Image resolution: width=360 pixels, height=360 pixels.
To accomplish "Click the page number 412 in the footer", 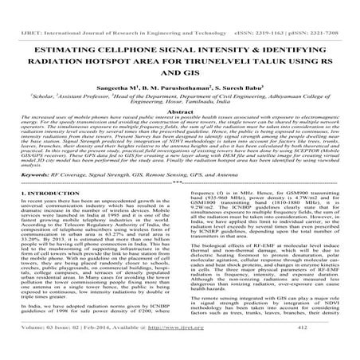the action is click(319, 351).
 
